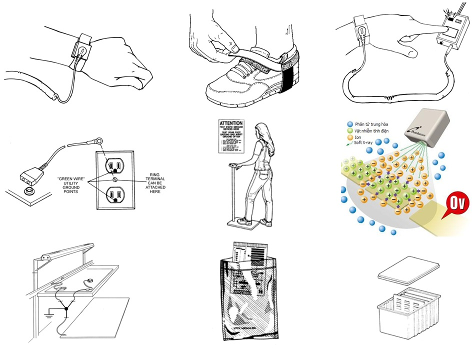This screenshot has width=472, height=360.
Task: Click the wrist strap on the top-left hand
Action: tap(82, 48)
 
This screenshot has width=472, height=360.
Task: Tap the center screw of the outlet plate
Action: tap(115, 179)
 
